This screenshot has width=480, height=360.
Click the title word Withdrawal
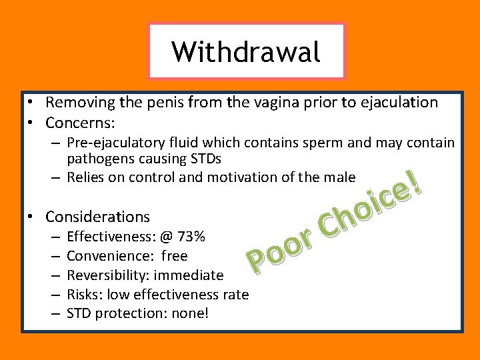point(245,51)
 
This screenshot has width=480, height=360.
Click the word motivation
point(240,177)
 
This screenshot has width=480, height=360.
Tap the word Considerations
point(97,217)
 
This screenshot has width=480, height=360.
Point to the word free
point(174,256)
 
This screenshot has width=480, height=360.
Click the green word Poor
point(279,253)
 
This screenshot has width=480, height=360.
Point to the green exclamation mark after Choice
point(416,182)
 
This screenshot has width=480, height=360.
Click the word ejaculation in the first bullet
point(399,103)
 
